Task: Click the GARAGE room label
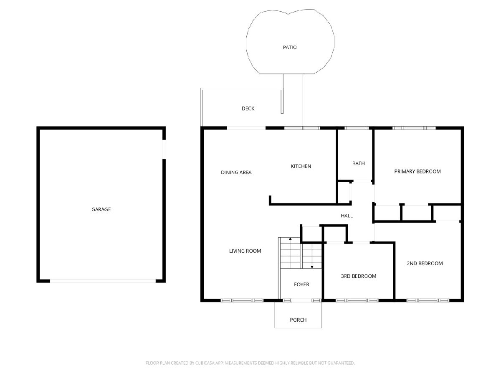tap(101, 209)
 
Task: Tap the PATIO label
tap(290, 47)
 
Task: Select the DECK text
tap(248, 109)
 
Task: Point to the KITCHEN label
tap(301, 166)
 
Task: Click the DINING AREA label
tap(236, 173)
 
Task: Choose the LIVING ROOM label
tap(245, 251)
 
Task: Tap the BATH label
tap(358, 163)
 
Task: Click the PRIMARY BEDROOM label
tap(417, 171)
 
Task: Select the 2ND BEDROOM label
tap(425, 264)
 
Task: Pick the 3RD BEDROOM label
tap(358, 276)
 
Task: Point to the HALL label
tap(347, 216)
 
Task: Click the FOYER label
tap(301, 285)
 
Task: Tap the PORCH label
tap(298, 320)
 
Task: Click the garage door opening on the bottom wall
tap(103, 281)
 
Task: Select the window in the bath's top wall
tap(356, 128)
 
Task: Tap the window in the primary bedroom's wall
tap(414, 128)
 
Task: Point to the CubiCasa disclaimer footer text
tap(250, 363)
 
